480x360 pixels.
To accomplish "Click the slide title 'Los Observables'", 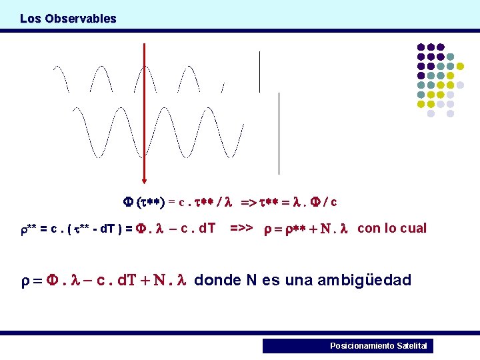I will click(68, 19).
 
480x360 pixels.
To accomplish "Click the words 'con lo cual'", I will click(392, 229).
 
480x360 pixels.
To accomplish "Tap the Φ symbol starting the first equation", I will click(129, 201).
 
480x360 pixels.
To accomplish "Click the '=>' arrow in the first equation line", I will click(247, 201).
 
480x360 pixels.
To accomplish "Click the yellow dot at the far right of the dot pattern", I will click(460, 66).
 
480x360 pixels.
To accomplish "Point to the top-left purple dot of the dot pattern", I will click(421, 47).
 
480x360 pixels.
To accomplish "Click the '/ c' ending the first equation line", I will click(329, 201).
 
